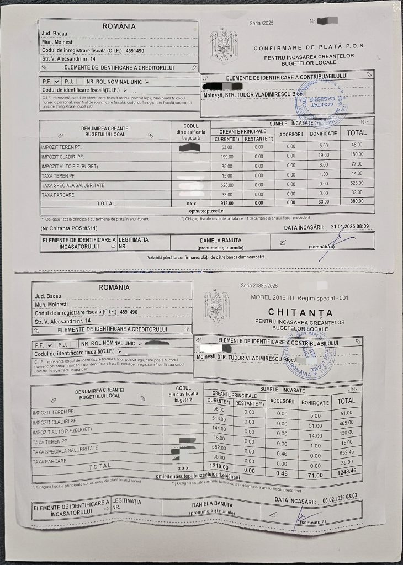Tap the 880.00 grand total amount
[357, 201]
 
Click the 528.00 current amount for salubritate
[227, 184]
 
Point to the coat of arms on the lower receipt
[216, 307]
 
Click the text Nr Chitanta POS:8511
[68, 228]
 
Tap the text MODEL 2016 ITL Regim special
[300, 298]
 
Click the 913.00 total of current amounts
[226, 202]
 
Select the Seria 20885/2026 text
[259, 286]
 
